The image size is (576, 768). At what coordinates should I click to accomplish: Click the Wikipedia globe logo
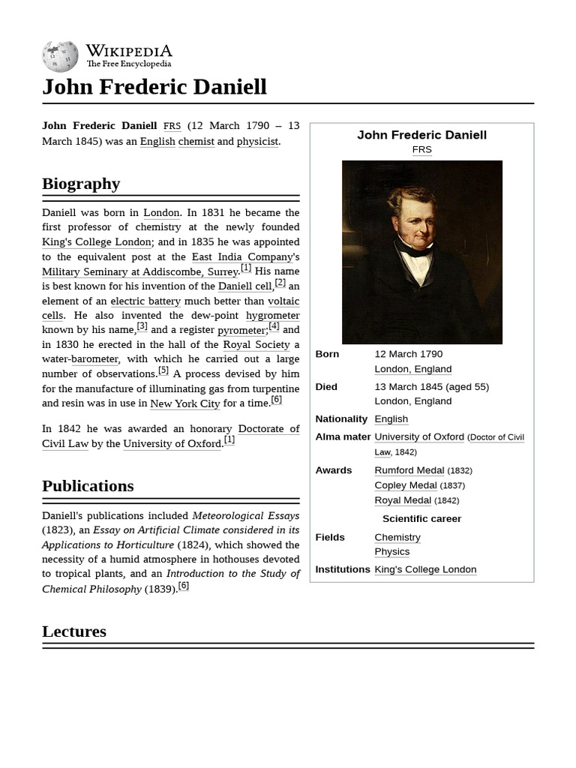pyautogui.click(x=60, y=56)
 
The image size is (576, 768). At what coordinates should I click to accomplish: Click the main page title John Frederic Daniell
pyautogui.click(x=154, y=87)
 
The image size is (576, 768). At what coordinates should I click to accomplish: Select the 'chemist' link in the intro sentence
pyautogui.click(x=196, y=141)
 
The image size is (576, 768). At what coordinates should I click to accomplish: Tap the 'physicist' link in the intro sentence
pyautogui.click(x=257, y=141)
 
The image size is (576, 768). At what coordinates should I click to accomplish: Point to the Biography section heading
pyautogui.click(x=81, y=184)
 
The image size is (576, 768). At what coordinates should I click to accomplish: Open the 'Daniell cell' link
pyautogui.click(x=244, y=286)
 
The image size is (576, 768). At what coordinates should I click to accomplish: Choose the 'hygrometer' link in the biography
pyautogui.click(x=272, y=316)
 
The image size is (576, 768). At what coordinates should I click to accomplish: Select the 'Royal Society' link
pyautogui.click(x=256, y=345)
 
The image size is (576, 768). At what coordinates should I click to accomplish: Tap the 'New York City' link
pyautogui.click(x=184, y=403)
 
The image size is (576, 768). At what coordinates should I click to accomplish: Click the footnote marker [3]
pyautogui.click(x=142, y=326)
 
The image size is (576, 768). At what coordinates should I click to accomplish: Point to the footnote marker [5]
pyautogui.click(x=163, y=370)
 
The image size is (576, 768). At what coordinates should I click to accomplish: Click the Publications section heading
pyautogui.click(x=88, y=486)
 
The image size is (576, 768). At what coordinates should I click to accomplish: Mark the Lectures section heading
pyautogui.click(x=74, y=631)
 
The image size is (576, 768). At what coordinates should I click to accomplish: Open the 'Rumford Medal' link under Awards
pyautogui.click(x=409, y=470)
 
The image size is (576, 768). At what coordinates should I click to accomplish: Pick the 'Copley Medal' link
pyautogui.click(x=405, y=485)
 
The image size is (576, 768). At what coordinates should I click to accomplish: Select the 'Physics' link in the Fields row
pyautogui.click(x=391, y=552)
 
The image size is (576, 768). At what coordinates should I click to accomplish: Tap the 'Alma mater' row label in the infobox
pyautogui.click(x=343, y=437)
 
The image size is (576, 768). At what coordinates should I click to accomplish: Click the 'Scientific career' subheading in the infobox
pyautogui.click(x=421, y=519)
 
